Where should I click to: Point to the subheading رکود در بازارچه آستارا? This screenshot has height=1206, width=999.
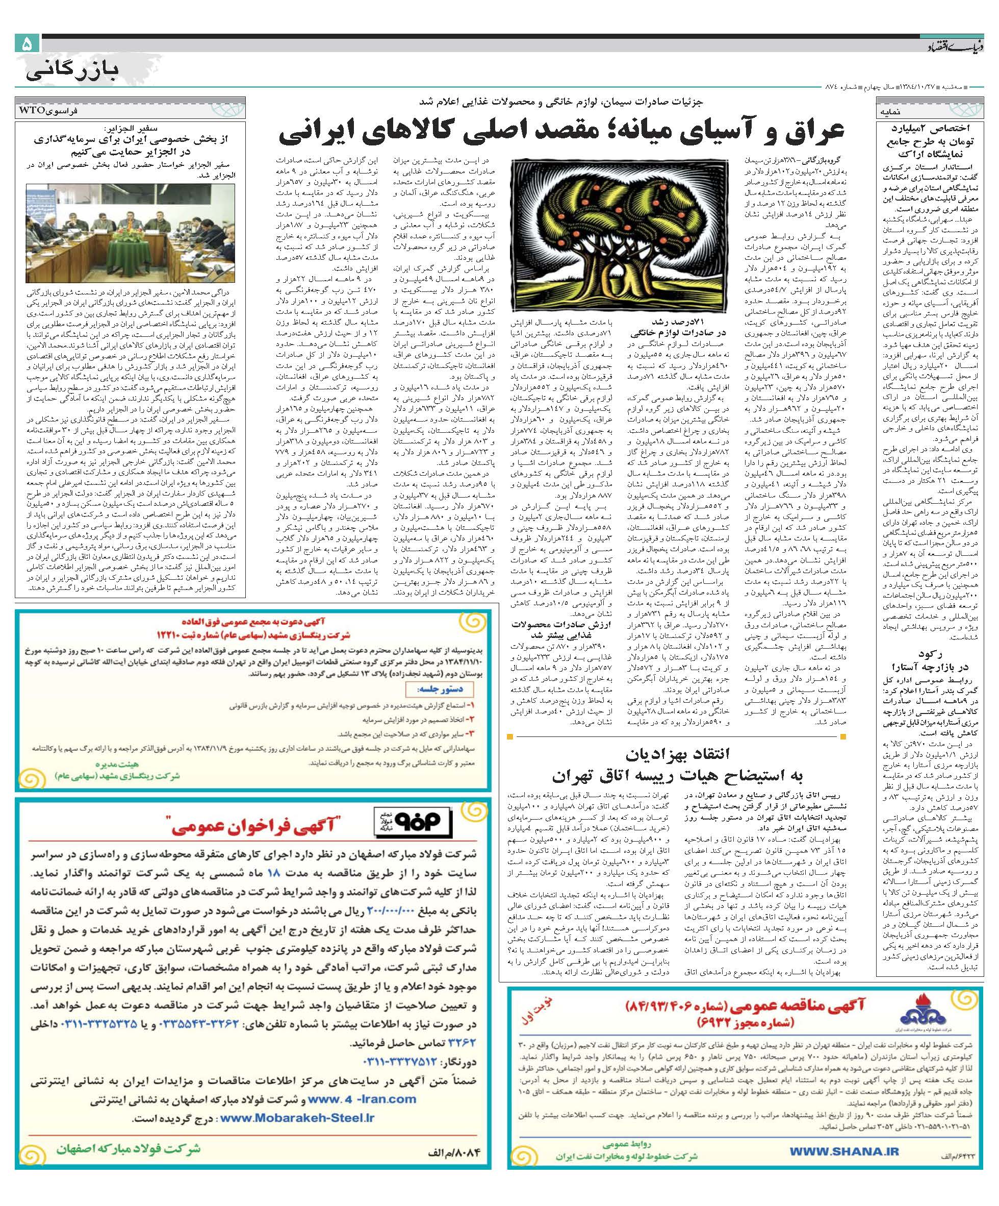934,660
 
